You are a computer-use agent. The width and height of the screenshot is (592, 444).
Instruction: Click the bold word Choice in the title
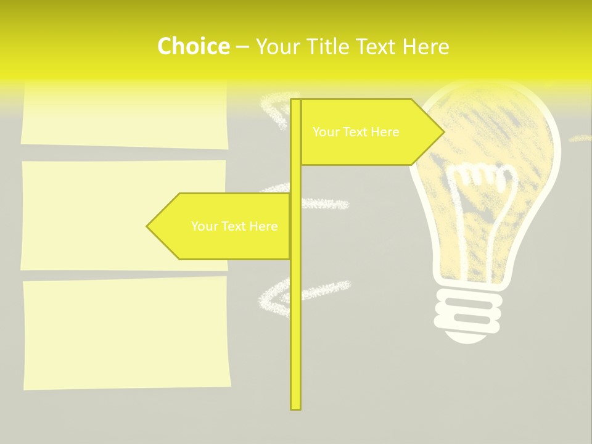coord(193,46)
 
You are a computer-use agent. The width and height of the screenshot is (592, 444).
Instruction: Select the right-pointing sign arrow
coord(370,132)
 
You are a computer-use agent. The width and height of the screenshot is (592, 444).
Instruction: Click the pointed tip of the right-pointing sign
coord(442,131)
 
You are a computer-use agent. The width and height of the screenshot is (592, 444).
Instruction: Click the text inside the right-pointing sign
coord(356,132)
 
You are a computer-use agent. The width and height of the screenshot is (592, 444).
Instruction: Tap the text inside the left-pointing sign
coord(234,226)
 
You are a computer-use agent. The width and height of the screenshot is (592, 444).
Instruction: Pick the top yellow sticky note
coord(124,115)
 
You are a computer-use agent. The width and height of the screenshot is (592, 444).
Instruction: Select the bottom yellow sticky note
coord(126,333)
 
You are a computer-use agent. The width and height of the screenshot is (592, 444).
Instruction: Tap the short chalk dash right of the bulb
coord(580,138)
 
